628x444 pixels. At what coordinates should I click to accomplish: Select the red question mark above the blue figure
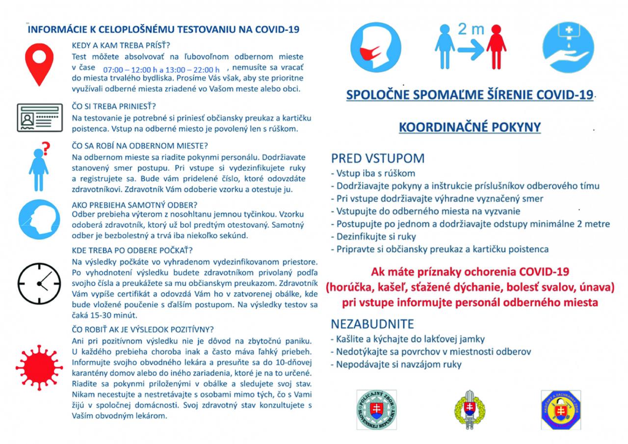tap(46, 147)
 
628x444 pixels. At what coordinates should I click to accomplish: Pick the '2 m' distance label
tap(471, 29)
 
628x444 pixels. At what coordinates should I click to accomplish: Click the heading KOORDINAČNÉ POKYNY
tap(470, 127)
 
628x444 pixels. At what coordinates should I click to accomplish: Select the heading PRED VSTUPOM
tap(378, 158)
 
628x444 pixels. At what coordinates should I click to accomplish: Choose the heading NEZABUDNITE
tap(372, 324)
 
